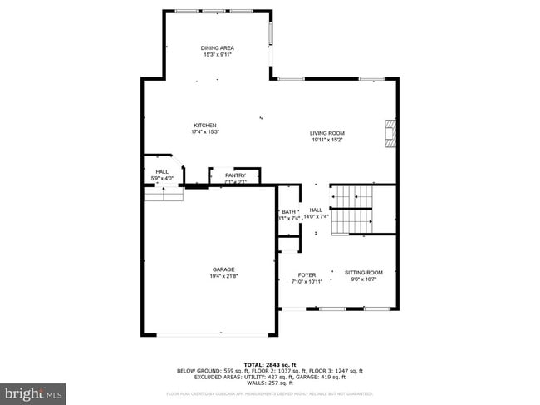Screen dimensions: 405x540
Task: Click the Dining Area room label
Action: click(217, 48)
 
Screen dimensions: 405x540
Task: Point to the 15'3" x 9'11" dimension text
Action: click(217, 55)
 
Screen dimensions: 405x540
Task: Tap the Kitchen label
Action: click(205, 126)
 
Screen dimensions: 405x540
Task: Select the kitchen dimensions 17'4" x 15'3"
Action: click(205, 132)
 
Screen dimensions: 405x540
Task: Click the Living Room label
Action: click(327, 133)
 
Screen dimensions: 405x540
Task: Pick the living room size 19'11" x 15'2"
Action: click(327, 140)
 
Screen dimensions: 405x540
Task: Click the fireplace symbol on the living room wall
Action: click(389, 132)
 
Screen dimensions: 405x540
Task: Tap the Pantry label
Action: click(235, 175)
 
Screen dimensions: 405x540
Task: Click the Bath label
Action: click(288, 212)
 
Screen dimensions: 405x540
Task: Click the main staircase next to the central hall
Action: click(352, 209)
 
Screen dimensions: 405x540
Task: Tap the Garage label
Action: click(223, 269)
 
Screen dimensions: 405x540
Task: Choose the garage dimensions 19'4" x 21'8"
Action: click(223, 276)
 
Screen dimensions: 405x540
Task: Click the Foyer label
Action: click(307, 274)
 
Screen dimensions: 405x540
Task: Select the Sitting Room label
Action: click(364, 273)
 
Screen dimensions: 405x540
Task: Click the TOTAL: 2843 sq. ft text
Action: click(269, 364)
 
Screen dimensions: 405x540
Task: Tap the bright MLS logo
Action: click(33, 390)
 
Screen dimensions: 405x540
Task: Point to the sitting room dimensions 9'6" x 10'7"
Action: click(364, 279)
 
